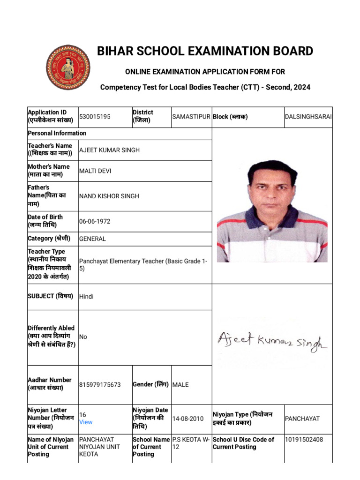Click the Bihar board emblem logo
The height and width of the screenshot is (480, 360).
click(x=68, y=67)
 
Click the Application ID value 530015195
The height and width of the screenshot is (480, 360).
click(x=95, y=116)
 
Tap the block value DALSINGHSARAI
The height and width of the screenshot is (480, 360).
click(x=308, y=116)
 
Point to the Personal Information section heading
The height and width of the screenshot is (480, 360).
click(x=57, y=133)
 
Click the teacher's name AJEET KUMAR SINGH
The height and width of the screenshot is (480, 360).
click(x=109, y=150)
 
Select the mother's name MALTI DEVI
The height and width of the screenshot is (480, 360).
click(x=95, y=171)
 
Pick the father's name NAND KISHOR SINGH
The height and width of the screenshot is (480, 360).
click(x=109, y=196)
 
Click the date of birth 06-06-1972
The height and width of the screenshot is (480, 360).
click(x=95, y=221)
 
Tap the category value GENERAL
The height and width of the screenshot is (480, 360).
click(x=93, y=239)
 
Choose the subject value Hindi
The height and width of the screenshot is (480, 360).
click(x=86, y=296)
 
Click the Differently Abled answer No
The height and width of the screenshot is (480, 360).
click(x=83, y=337)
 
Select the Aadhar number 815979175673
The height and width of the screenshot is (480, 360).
click(x=100, y=384)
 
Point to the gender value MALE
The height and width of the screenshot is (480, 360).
click(x=181, y=384)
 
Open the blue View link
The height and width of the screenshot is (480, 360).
click(x=86, y=422)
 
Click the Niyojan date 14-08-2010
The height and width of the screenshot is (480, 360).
click(x=188, y=419)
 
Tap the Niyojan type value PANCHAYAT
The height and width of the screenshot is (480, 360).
click(x=302, y=418)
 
